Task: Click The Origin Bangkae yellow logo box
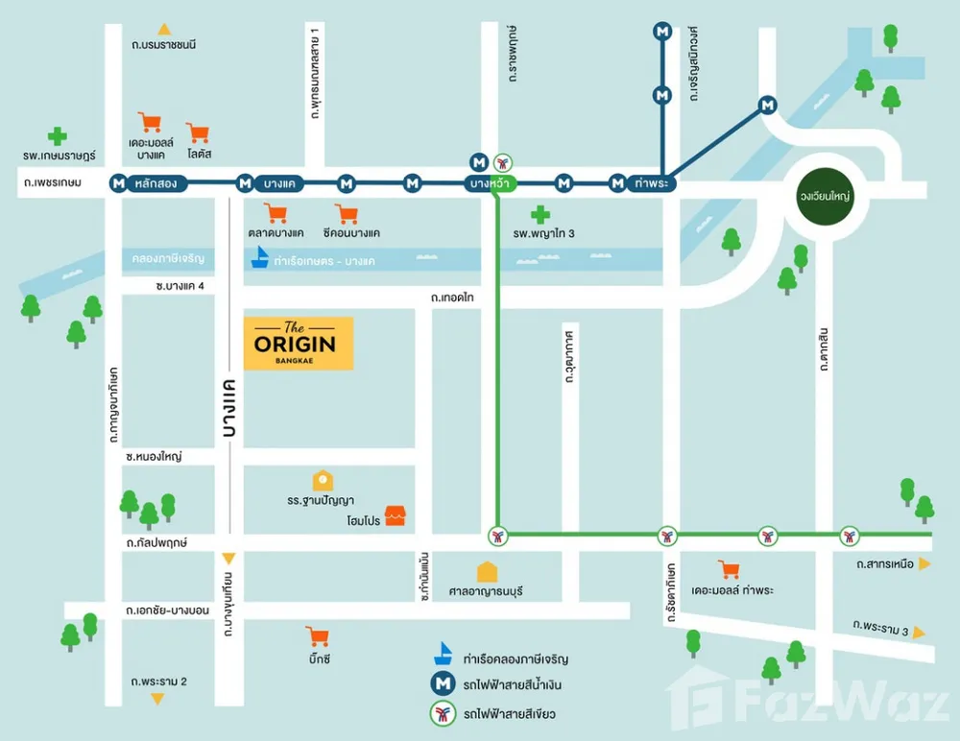[299, 343]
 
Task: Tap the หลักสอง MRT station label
[156, 183]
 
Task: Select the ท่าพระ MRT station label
[652, 183]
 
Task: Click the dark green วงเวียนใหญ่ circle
[825, 196]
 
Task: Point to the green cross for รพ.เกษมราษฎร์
[57, 136]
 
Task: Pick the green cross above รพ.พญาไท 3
[540, 214]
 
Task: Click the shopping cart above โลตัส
[198, 132]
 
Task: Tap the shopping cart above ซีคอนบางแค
[347, 214]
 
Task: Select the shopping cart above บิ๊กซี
[318, 636]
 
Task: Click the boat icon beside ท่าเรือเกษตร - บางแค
[260, 257]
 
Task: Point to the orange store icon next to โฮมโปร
[395, 515]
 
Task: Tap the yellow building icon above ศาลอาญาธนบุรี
[487, 572]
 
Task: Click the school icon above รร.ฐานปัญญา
[323, 481]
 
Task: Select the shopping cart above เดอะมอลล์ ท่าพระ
[729, 569]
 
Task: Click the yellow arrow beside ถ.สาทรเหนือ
[924, 563]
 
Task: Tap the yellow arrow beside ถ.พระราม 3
[919, 633]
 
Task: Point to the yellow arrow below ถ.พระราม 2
[157, 699]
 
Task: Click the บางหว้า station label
[490, 183]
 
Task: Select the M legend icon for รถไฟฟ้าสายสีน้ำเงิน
[443, 684]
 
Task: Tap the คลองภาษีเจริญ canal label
[168, 258]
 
